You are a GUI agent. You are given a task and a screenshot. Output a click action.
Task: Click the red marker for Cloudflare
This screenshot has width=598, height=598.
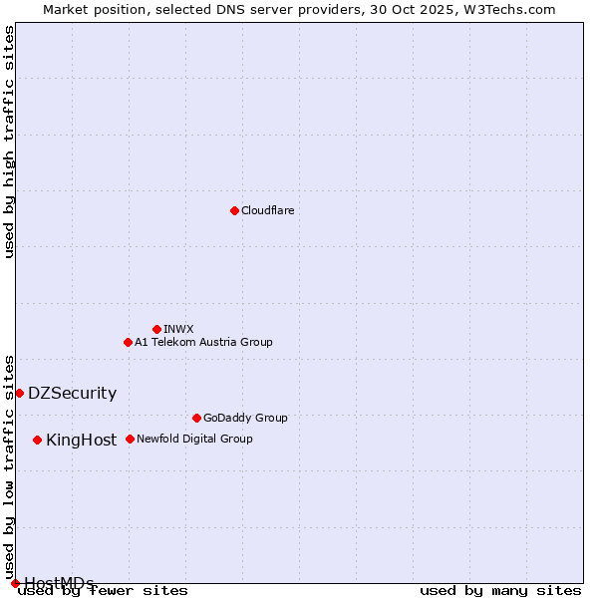pos(234,210)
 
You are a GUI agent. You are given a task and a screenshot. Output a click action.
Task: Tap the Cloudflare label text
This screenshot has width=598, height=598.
pos(267,211)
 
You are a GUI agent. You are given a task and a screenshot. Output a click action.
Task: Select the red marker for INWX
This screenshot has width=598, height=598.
pos(156,329)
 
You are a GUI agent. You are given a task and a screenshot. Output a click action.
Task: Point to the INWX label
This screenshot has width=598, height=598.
pos(178,330)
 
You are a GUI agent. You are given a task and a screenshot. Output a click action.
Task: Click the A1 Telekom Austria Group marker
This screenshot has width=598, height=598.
pos(128,342)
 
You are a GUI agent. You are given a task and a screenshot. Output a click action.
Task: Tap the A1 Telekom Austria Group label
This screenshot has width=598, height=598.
pos(203,343)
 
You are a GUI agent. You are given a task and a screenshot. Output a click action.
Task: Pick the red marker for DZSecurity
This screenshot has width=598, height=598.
pos(19,393)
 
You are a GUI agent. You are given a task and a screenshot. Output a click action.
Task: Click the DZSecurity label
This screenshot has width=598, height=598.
pos(72,394)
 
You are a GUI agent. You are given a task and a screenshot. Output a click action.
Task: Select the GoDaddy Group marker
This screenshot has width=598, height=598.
pos(196,418)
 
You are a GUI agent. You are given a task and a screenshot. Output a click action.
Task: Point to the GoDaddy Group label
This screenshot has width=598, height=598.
pos(245,419)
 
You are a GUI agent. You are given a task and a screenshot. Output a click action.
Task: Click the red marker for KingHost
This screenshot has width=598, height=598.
pos(37,440)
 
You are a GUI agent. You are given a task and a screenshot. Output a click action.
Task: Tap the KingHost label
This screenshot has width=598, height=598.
pos(81,441)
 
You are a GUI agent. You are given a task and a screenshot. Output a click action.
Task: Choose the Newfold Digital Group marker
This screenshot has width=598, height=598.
pos(130,439)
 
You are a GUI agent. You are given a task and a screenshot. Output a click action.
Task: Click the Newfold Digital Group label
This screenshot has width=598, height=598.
pos(194,440)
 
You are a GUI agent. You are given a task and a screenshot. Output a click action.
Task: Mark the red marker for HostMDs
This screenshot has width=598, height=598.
pos(15,583)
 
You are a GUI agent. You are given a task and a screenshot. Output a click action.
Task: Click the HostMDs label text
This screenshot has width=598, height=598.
pos(59,583)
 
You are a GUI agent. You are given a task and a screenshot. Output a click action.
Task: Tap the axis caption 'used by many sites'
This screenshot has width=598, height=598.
pos(500,591)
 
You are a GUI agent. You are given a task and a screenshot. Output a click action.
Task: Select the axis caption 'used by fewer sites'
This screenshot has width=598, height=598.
pos(104,591)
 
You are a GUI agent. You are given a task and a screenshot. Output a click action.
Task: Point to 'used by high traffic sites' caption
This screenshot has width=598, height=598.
pos(9,142)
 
